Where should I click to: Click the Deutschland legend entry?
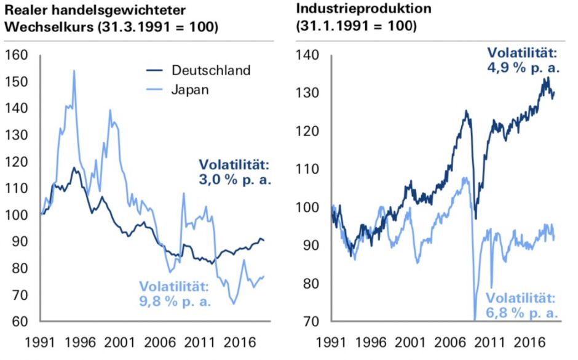pyautogui.click(x=212, y=70)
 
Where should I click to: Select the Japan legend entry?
pyautogui.click(x=191, y=89)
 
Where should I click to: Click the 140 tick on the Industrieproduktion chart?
pyautogui.click(x=307, y=55)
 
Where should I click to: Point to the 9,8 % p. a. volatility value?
pyautogui.click(x=175, y=302)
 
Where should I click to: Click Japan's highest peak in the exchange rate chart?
pyautogui.click(x=74, y=71)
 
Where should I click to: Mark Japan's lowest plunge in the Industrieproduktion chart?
pyautogui.click(x=475, y=319)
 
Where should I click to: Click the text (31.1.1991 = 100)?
pyautogui.click(x=356, y=28)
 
